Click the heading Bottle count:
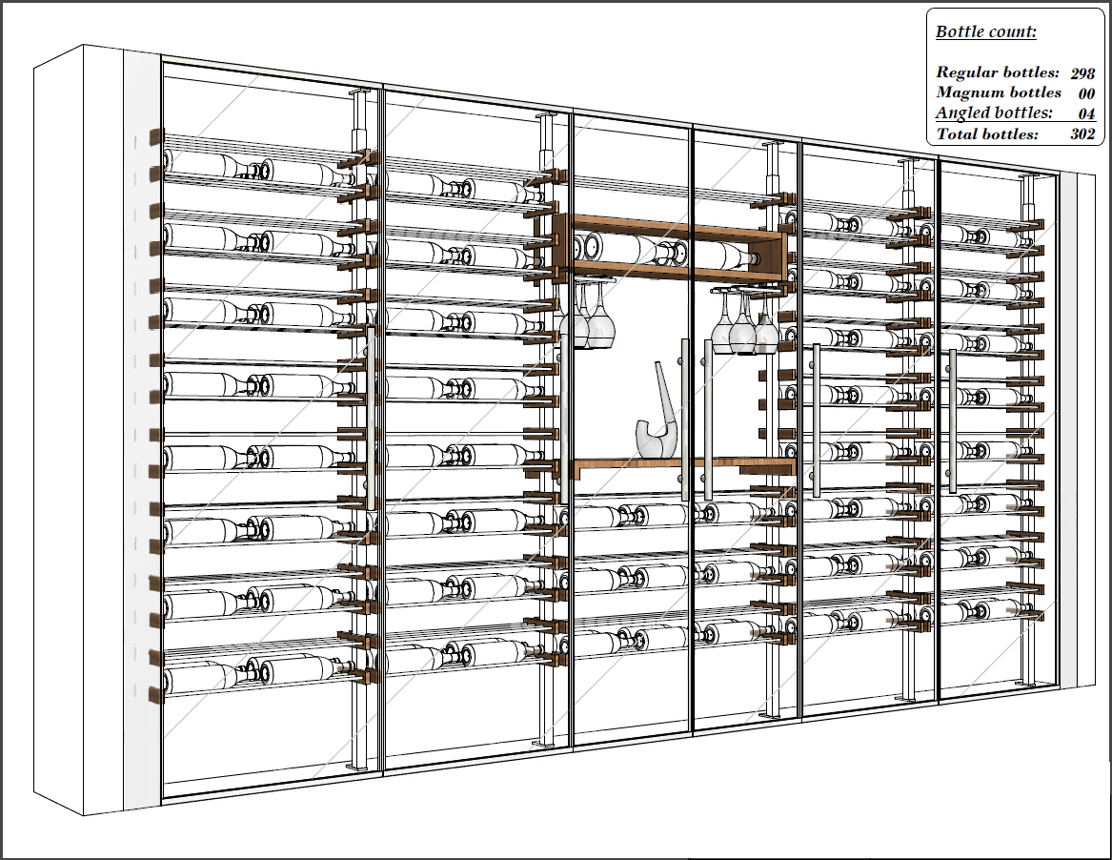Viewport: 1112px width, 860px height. click(985, 31)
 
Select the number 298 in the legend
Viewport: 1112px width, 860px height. click(1082, 72)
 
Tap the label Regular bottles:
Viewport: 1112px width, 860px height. click(997, 72)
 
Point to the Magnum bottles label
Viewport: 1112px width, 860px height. click(998, 92)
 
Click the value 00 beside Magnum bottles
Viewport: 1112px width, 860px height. click(1085, 93)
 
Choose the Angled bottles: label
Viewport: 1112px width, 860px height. click(994, 113)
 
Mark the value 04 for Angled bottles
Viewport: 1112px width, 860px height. click(1085, 114)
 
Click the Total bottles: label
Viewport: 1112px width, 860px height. click(987, 134)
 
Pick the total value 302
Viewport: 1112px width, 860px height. click(1082, 134)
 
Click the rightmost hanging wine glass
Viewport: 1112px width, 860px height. click(766, 329)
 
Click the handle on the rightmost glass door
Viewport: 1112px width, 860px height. click(952, 420)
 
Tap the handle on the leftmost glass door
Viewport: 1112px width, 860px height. click(371, 429)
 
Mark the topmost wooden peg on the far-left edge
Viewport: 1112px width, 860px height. click(156, 135)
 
